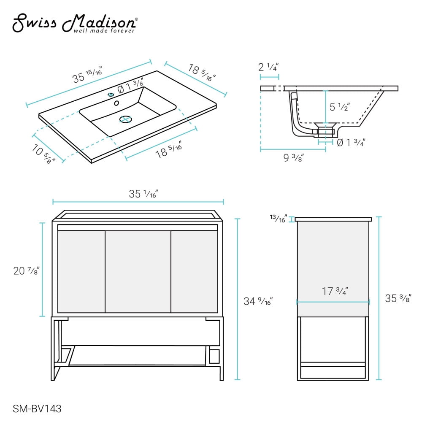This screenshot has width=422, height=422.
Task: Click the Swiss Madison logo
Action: coord(76,23)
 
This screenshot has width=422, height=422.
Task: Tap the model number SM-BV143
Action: coord(37,409)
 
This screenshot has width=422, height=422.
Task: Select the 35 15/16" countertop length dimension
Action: coord(87,74)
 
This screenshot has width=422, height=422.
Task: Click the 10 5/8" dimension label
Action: coord(43,154)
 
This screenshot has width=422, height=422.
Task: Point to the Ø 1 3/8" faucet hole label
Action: coord(130,86)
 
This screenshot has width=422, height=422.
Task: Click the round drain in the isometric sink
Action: coord(125,119)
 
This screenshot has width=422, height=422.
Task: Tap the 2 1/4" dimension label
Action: coord(268,67)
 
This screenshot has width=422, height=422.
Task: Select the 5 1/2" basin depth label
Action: coord(340,107)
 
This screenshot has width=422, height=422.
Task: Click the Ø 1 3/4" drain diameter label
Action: coord(351,142)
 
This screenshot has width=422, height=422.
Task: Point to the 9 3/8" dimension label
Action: coord(294,157)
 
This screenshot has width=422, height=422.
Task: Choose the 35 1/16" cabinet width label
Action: coord(143,194)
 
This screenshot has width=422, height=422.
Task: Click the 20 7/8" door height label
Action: coord(26,271)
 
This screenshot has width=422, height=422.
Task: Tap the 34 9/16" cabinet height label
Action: coord(258,301)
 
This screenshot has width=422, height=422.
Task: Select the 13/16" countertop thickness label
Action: coord(279,219)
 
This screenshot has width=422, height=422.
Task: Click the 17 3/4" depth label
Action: coord(335,291)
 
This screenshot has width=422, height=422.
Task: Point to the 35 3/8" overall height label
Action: coord(398,298)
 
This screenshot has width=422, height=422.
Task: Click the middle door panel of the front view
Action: coord(138,271)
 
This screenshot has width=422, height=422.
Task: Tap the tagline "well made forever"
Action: coord(104,31)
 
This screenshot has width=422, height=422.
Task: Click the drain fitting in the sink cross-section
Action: coord(325,129)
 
